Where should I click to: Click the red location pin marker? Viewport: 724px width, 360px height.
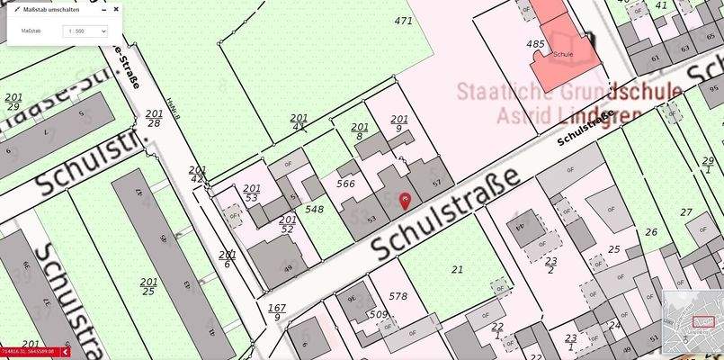pos(405,200)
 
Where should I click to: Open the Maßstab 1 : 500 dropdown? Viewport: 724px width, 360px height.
pos(85,31)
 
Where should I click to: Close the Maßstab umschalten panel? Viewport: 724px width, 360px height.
pos(116,9)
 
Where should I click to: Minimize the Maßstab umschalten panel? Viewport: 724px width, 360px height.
pos(103,9)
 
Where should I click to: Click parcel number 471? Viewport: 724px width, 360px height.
pos(403,20)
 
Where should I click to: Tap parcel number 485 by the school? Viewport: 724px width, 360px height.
pos(535,43)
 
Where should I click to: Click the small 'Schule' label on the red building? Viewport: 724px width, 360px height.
pos(563,54)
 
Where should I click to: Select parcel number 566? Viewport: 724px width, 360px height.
pos(345,183)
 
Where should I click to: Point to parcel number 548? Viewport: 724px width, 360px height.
pos(314,209)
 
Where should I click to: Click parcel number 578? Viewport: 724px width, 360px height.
pos(398,295)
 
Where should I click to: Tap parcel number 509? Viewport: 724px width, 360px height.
pos(378,314)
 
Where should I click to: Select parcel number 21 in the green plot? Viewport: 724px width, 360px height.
pos(457,269)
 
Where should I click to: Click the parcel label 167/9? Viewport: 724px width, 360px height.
pos(277,311)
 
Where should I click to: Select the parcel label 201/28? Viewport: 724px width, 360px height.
pos(154,118)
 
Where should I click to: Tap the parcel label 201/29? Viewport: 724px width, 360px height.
pos(13,101)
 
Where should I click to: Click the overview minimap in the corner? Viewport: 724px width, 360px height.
pos(692,323)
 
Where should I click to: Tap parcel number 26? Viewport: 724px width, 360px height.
pos(651,231)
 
